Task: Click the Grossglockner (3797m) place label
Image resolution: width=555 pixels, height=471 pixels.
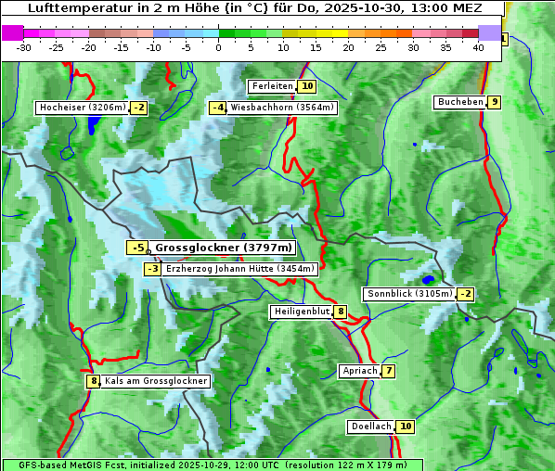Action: [x=223, y=248]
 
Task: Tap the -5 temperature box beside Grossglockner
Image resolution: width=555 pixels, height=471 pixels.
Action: [x=137, y=248]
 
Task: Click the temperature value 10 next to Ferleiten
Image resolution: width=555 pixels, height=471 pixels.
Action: [x=307, y=86]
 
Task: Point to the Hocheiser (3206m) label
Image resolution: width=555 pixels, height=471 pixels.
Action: [x=82, y=108]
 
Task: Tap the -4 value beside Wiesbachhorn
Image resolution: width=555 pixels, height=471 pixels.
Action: [x=218, y=108]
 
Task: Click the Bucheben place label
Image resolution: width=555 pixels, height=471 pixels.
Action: [x=460, y=102]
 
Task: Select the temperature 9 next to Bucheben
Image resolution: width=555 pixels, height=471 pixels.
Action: [x=496, y=102]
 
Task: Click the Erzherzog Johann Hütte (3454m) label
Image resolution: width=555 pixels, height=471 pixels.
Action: [x=240, y=269]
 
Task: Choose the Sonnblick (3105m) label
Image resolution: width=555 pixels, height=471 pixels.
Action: [x=410, y=294]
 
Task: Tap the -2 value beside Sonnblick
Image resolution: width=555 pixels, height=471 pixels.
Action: [x=466, y=294]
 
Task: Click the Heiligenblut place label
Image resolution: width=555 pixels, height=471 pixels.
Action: [x=301, y=312]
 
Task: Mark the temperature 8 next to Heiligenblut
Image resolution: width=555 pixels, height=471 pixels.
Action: [x=342, y=312]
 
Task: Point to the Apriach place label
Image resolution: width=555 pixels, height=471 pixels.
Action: [x=360, y=371]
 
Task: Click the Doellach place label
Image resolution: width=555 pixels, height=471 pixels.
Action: [x=371, y=426]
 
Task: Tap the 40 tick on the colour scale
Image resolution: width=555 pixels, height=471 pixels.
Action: [x=478, y=47]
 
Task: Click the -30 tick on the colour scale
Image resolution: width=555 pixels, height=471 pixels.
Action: [x=24, y=47]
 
